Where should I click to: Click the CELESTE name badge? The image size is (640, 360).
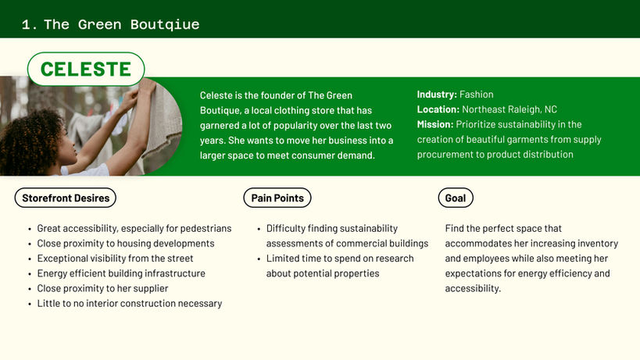pos(86,69)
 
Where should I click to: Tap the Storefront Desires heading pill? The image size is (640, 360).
pos(66,198)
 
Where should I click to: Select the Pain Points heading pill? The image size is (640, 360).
pos(277,198)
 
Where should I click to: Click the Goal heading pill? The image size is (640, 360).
pos(456,198)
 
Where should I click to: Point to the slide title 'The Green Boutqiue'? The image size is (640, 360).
pos(122,24)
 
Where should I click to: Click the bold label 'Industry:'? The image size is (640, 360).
pos(437,94)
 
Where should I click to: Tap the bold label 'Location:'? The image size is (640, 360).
pos(438,109)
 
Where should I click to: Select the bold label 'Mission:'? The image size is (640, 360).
pos(435,124)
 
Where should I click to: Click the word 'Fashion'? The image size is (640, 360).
pos(477,94)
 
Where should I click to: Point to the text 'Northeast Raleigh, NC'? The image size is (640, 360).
pos(509,109)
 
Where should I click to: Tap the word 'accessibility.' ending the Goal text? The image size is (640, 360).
pos(473,289)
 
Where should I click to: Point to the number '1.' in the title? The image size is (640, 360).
pos(30,25)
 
